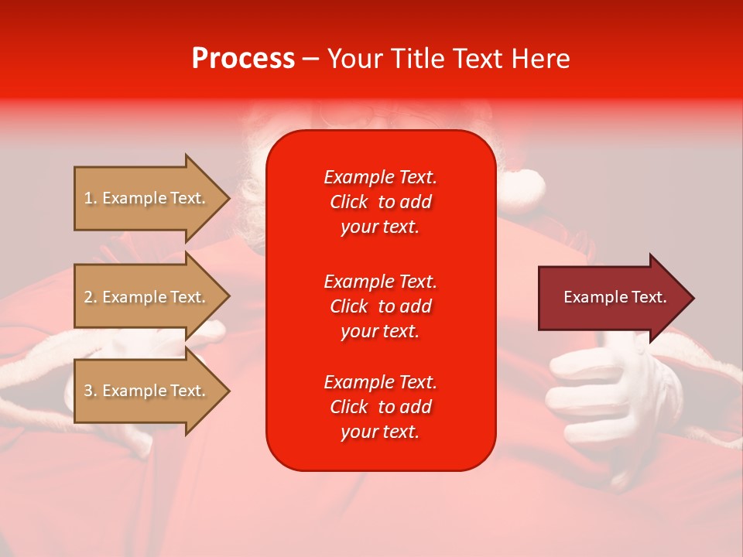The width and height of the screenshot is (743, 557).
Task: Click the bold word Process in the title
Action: [x=243, y=59]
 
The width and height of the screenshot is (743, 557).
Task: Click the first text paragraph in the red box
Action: [x=380, y=202]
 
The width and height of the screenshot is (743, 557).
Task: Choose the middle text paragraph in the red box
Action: [x=380, y=306]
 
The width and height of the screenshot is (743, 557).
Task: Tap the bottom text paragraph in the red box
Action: [x=380, y=407]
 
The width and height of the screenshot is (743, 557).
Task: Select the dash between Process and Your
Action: [x=310, y=60]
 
